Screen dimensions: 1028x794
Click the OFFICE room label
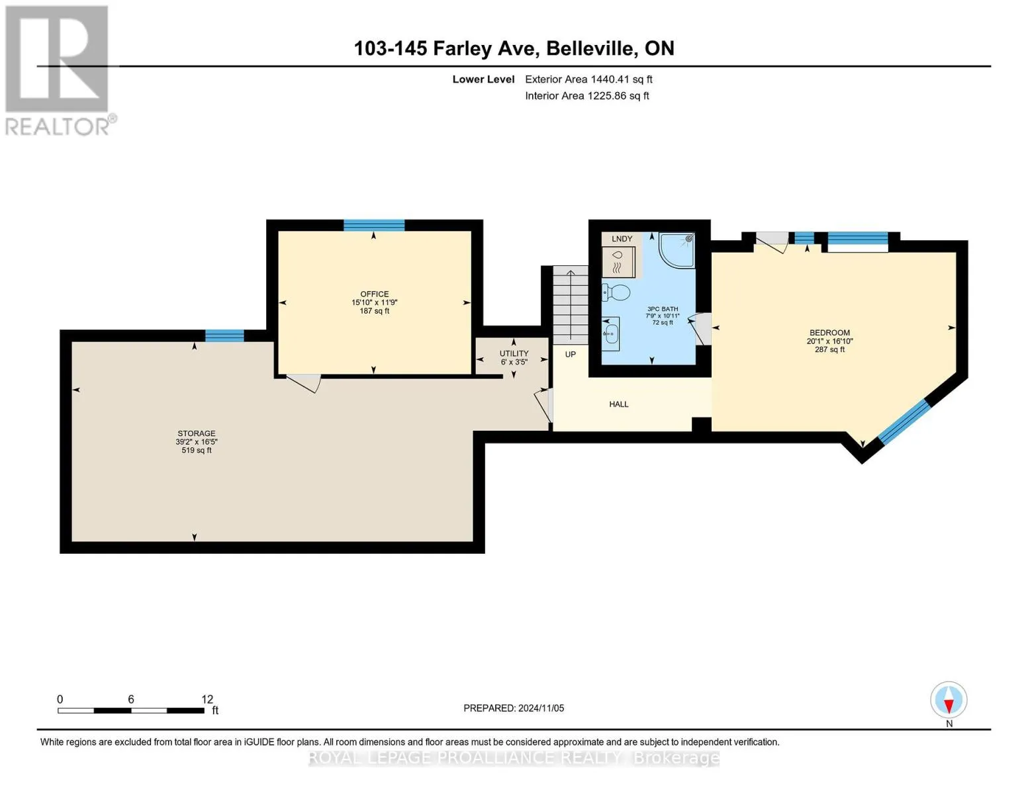(374, 294)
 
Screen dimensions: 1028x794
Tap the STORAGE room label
(197, 433)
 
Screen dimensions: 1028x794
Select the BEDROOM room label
(829, 332)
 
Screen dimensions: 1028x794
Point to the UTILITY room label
(514, 353)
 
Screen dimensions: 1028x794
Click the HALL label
(619, 404)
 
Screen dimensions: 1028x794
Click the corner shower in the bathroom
(677, 250)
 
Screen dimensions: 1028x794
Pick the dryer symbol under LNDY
(618, 262)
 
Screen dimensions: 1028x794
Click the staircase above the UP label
(571, 305)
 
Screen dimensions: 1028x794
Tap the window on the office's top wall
(374, 225)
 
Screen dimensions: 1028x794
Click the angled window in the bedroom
(904, 422)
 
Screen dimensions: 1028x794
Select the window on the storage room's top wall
(224, 335)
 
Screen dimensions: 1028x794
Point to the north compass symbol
(949, 700)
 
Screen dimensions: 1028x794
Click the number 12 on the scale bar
(207, 699)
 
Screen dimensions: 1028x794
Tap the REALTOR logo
(58, 71)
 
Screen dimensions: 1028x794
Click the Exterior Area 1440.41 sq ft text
(588, 79)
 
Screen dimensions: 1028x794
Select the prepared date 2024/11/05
(541, 708)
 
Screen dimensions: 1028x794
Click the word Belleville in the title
(591, 48)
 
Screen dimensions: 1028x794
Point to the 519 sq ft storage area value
(197, 450)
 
